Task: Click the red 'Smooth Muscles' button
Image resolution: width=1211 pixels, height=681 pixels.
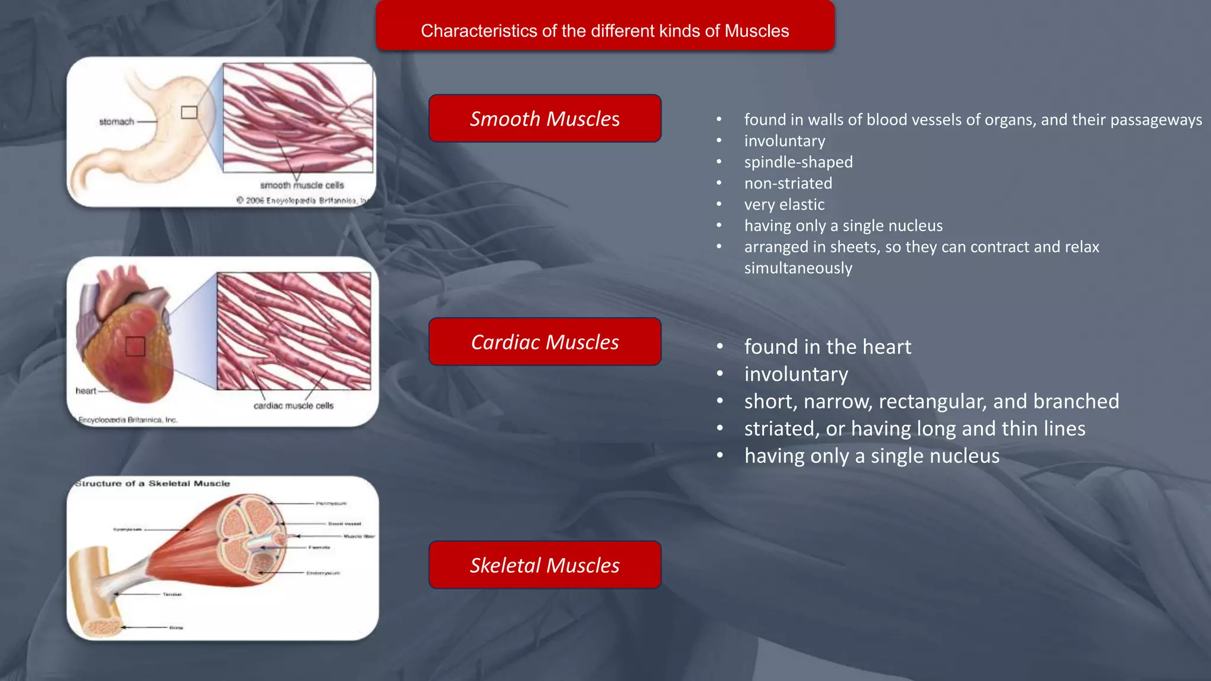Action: coord(545,119)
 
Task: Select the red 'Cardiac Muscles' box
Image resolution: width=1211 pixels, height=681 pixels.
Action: coord(545,342)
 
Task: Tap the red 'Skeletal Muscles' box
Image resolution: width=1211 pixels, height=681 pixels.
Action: coord(545,565)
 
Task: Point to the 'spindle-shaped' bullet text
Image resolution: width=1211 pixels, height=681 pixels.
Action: coord(798,162)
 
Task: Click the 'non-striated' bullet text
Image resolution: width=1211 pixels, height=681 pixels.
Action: coord(788,183)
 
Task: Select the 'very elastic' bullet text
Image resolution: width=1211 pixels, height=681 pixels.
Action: coord(784,205)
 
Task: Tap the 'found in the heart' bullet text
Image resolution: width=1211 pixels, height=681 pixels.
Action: coord(827,347)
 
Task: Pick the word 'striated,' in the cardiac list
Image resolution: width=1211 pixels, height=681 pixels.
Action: coord(782,429)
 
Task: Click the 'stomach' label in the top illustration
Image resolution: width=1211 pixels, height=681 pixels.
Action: coord(116,122)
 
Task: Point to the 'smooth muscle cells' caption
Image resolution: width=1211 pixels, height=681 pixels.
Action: coord(302,185)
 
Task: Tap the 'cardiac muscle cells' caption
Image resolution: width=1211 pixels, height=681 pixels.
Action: coord(293,406)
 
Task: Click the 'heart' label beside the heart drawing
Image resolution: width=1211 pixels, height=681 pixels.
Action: coord(86,391)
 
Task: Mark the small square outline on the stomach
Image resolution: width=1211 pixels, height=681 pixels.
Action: coord(189,112)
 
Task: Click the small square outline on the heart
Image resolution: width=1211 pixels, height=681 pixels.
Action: coord(135,346)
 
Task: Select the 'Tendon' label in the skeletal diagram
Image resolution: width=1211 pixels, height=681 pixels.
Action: coord(172,594)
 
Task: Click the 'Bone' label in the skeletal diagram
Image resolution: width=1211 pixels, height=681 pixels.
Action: coord(176,627)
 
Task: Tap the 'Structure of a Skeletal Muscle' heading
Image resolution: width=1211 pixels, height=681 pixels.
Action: coord(153,484)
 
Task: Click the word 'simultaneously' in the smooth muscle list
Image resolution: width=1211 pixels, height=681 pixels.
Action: coord(798,268)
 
